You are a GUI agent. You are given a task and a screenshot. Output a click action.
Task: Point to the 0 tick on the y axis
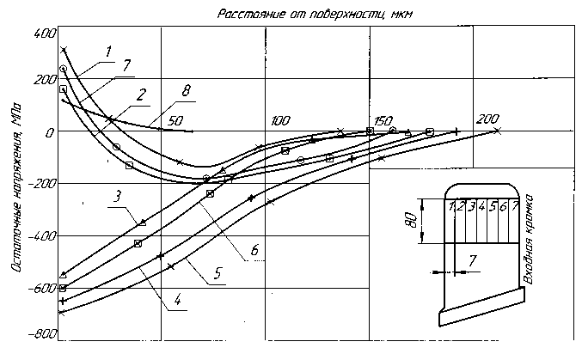click(x=50, y=131)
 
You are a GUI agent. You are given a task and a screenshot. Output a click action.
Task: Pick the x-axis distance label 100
click(x=279, y=119)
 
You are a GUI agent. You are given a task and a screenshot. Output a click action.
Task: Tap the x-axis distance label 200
click(x=487, y=119)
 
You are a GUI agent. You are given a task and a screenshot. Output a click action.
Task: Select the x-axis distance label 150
click(x=383, y=119)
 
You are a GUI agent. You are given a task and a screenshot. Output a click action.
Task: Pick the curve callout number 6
click(x=254, y=249)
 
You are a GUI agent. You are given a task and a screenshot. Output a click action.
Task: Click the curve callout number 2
click(x=139, y=92)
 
